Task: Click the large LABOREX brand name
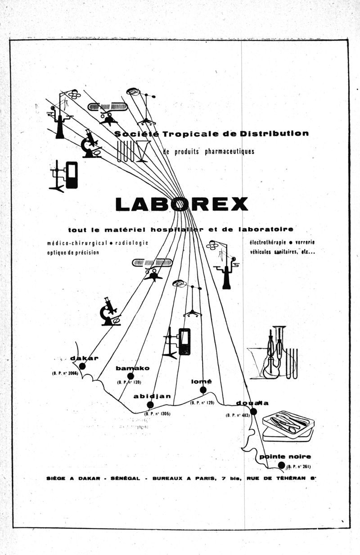[x=181, y=204]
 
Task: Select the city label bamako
[x=132, y=368]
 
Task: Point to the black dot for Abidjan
[x=150, y=405]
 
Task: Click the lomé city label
[x=201, y=382]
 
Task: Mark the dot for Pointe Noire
[x=281, y=465]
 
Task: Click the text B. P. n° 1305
[x=157, y=413]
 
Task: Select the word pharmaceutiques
[x=229, y=151]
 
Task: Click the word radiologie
[x=131, y=243]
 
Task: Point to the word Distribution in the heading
[x=274, y=133]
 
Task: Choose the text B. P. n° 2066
[x=65, y=373]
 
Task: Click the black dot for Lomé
[x=203, y=390]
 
